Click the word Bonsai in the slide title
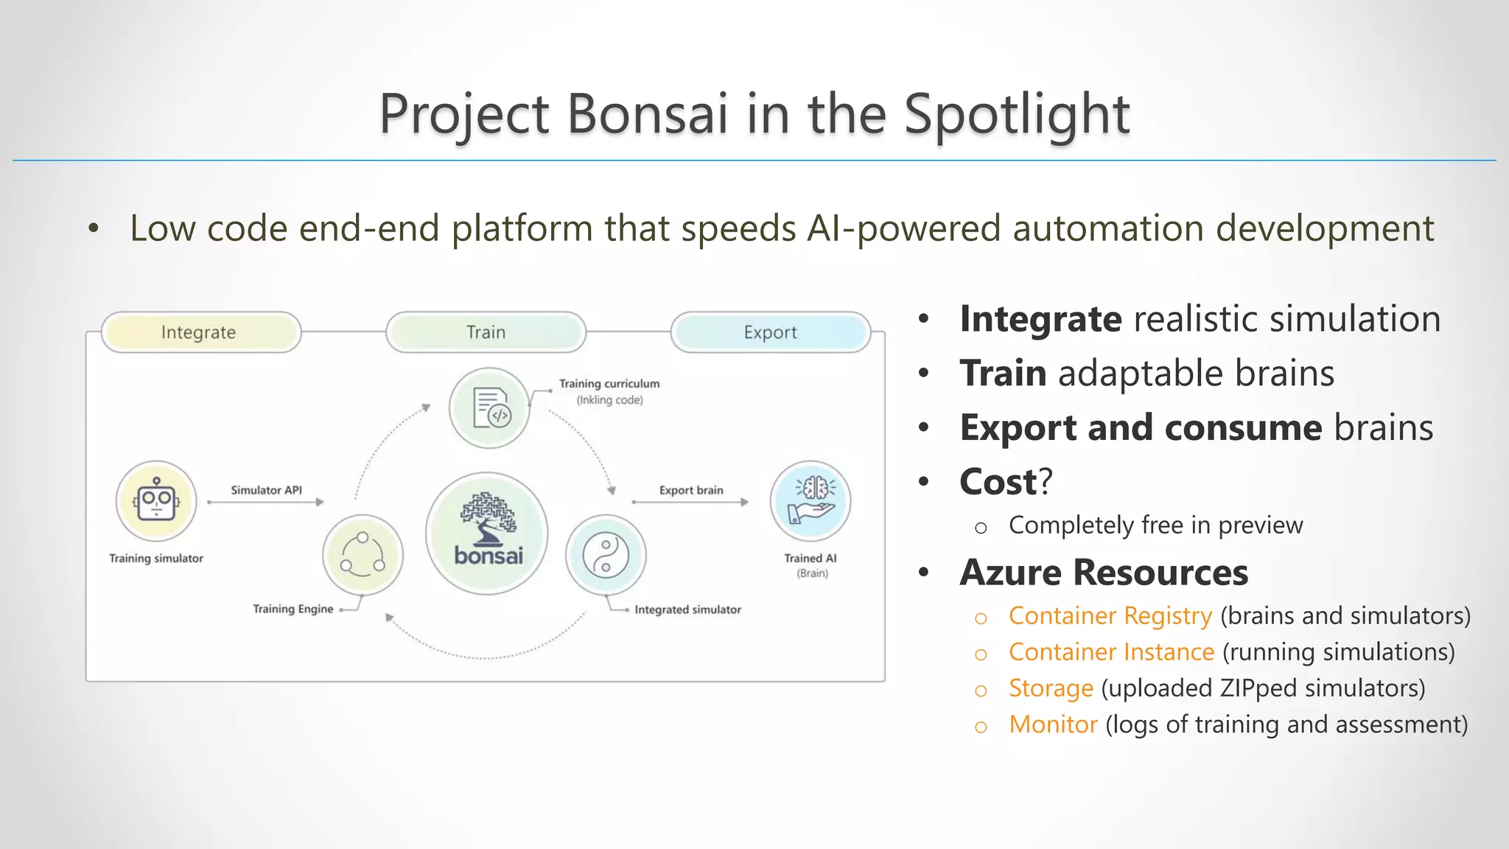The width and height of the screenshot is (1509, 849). (647, 114)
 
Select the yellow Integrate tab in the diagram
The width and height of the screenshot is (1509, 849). (200, 332)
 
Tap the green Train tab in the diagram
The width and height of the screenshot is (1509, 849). (486, 332)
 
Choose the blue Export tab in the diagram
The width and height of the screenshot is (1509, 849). (770, 332)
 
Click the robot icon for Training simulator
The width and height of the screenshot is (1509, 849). (156, 501)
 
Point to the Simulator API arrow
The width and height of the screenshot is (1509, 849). (265, 502)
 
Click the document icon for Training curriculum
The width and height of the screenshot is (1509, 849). (489, 408)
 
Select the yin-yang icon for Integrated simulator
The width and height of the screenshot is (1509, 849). (605, 555)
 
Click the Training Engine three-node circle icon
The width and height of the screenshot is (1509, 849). (363, 555)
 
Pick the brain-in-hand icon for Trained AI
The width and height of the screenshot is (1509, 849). (810, 501)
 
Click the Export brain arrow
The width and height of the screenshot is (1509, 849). (690, 502)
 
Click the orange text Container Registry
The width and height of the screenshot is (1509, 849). (1110, 615)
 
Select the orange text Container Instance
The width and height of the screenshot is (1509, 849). (1111, 651)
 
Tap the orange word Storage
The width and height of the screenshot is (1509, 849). (1051, 688)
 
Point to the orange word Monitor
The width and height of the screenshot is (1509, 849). (1053, 724)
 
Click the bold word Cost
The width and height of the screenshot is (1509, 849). (998, 482)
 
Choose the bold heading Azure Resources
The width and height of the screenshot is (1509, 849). (1104, 573)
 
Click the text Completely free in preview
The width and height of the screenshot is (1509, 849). (1155, 525)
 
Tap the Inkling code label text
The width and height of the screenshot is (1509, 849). (609, 400)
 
